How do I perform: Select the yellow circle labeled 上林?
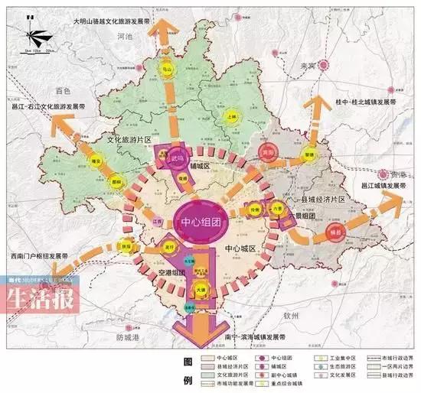233,116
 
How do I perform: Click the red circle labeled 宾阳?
267,151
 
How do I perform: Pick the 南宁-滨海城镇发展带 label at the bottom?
245,336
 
